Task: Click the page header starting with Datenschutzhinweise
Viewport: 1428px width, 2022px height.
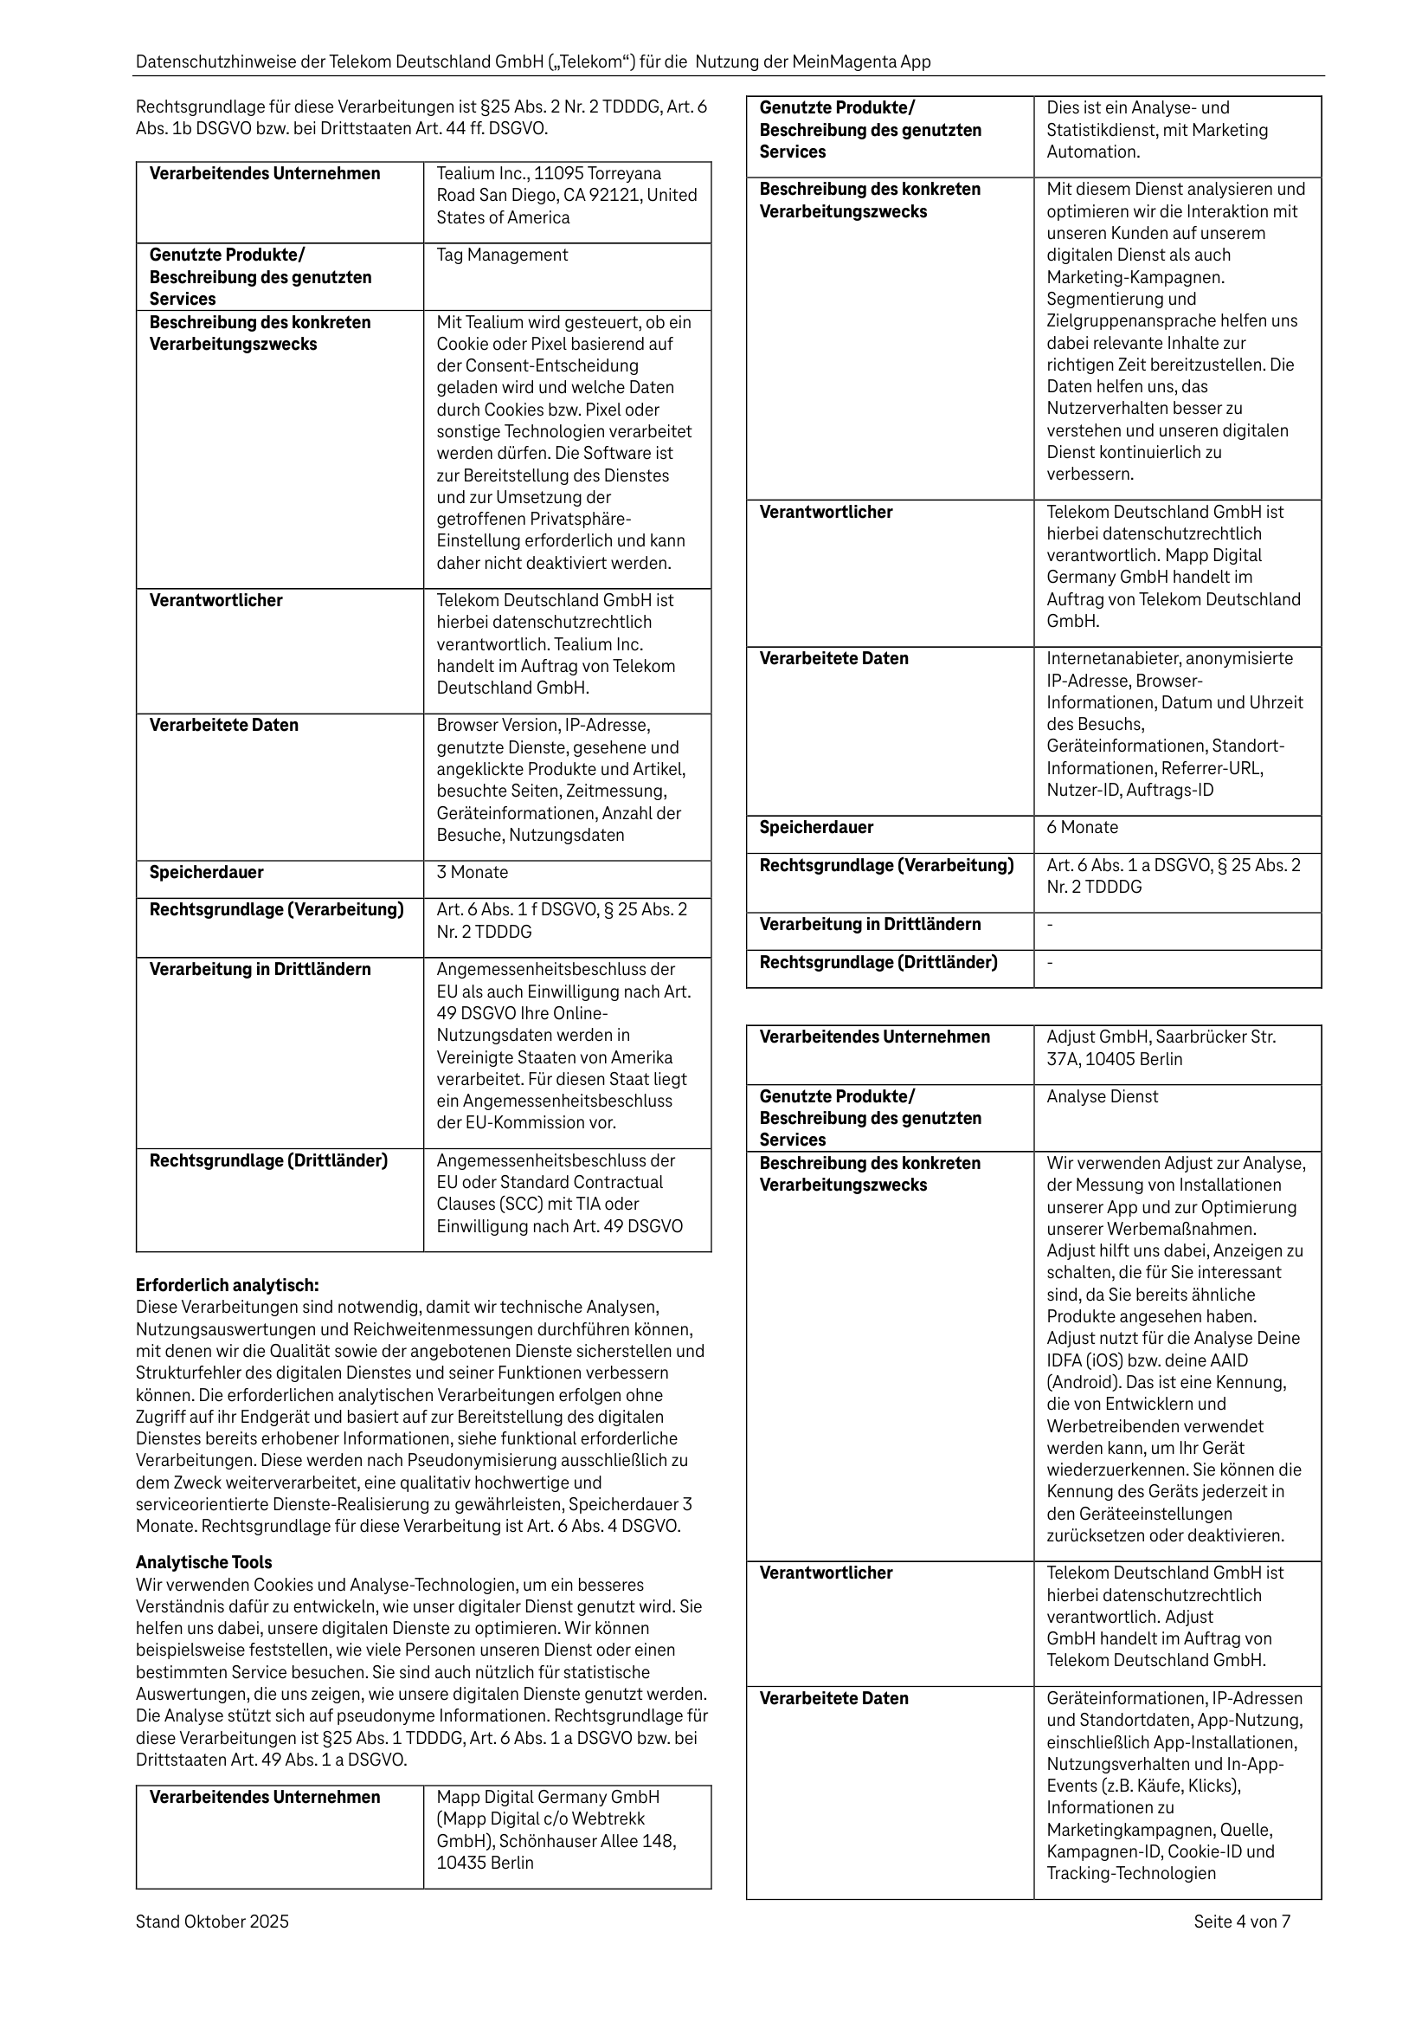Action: click(x=532, y=61)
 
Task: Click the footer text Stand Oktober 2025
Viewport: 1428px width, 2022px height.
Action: click(x=212, y=1922)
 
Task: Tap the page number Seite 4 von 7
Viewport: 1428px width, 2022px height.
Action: click(x=1241, y=1922)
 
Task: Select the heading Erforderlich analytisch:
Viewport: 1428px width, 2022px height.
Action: click(x=227, y=1285)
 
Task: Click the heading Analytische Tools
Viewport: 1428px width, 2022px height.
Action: click(x=203, y=1562)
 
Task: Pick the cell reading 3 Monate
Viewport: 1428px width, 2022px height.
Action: click(x=473, y=872)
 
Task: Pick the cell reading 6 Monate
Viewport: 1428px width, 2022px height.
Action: click(x=1082, y=827)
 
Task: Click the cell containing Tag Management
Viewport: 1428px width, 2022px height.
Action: click(x=502, y=255)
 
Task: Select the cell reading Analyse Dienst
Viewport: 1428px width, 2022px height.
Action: click(x=1103, y=1096)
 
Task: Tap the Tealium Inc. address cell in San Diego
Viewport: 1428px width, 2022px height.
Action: click(x=566, y=196)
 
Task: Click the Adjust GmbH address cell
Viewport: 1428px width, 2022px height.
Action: click(x=1161, y=1048)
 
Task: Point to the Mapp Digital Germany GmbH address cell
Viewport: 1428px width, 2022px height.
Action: click(x=556, y=1830)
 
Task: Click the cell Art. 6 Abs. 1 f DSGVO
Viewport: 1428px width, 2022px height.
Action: click(x=561, y=921)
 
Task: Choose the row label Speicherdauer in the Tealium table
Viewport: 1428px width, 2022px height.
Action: click(x=206, y=872)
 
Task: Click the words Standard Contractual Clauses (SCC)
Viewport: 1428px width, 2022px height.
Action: click(x=550, y=1193)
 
